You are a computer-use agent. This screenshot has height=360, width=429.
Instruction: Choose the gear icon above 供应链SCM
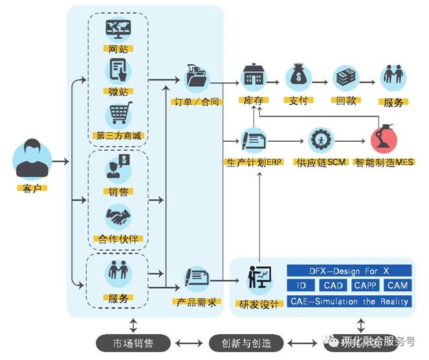click(318, 139)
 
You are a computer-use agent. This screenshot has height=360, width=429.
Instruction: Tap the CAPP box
click(368, 285)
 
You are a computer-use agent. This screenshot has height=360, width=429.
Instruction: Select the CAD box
click(333, 285)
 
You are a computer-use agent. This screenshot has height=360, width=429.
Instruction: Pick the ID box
click(301, 285)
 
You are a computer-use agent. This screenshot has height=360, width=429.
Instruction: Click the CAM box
click(397, 285)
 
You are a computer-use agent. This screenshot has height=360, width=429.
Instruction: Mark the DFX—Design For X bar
click(349, 270)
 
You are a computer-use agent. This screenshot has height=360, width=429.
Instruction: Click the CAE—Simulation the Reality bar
click(349, 300)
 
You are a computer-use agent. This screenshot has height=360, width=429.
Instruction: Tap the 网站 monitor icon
click(118, 30)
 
